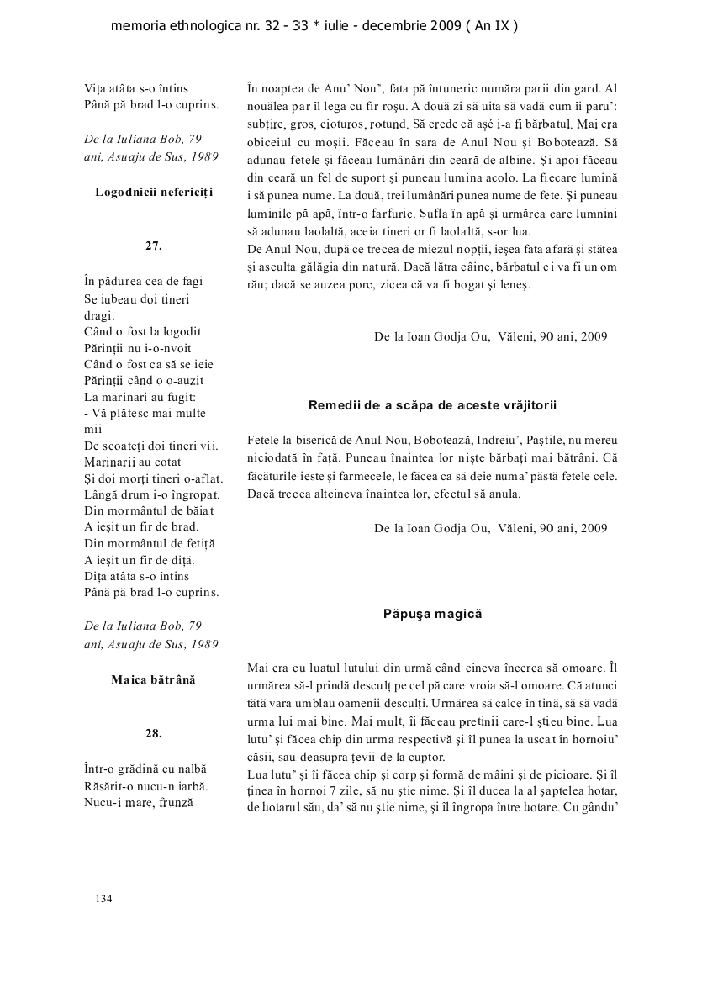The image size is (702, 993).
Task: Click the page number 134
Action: coord(103,899)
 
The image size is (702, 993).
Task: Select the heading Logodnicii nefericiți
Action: coord(154,192)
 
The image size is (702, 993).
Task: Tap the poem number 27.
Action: coord(153,246)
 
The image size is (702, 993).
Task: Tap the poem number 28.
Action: coord(153,733)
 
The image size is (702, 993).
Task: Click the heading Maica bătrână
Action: coord(153,679)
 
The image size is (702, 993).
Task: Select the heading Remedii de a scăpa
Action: coord(433,405)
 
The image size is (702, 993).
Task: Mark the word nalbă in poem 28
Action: coord(192,769)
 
